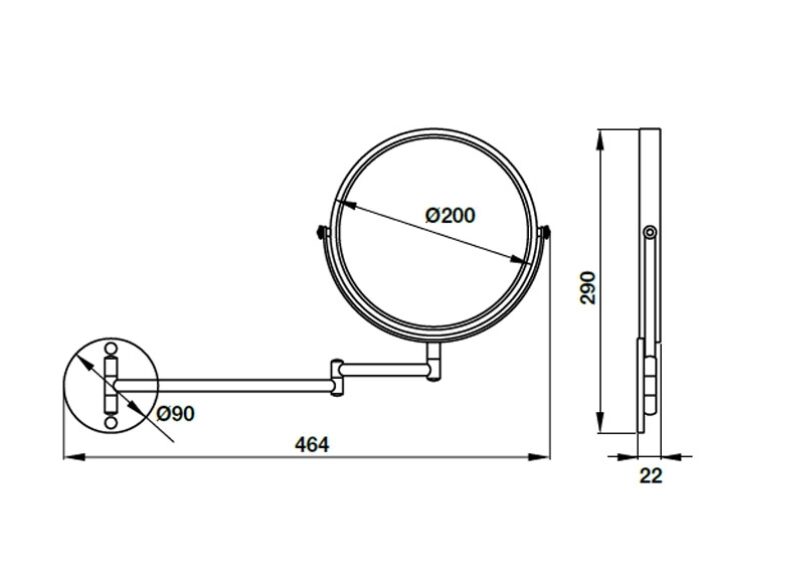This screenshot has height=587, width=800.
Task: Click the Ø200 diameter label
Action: [x=451, y=215]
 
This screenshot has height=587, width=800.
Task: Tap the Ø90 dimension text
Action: [x=175, y=414]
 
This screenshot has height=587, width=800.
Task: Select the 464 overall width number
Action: [x=312, y=445]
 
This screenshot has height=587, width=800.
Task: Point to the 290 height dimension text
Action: [x=589, y=288]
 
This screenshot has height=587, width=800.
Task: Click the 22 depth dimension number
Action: [x=651, y=476]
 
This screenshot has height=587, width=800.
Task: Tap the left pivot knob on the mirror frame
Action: [x=322, y=232]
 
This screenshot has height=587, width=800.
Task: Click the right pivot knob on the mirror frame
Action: [x=545, y=232]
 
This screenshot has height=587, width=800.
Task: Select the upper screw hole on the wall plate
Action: [x=111, y=349]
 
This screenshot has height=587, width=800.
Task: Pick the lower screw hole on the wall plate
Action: [x=111, y=422]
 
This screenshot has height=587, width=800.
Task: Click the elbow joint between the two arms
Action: [x=337, y=377]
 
